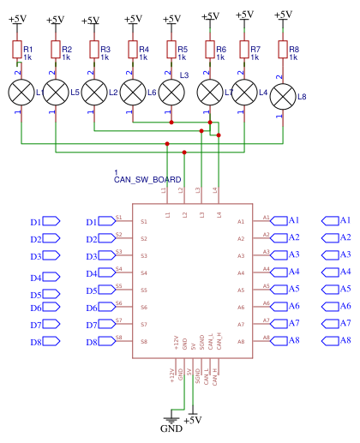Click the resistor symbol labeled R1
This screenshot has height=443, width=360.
pos(17,50)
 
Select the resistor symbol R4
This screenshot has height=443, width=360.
pos(133,50)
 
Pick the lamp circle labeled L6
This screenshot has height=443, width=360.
pos(133,91)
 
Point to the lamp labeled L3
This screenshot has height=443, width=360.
pos(171,91)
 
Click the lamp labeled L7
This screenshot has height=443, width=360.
pos(209,91)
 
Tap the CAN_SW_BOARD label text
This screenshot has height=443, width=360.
pos(147,180)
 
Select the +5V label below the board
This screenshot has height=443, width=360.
pos(192,420)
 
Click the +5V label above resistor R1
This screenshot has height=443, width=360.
pos(17,20)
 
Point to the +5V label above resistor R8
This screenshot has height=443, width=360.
pos(283,15)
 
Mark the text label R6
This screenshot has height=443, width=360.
pos(221,50)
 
